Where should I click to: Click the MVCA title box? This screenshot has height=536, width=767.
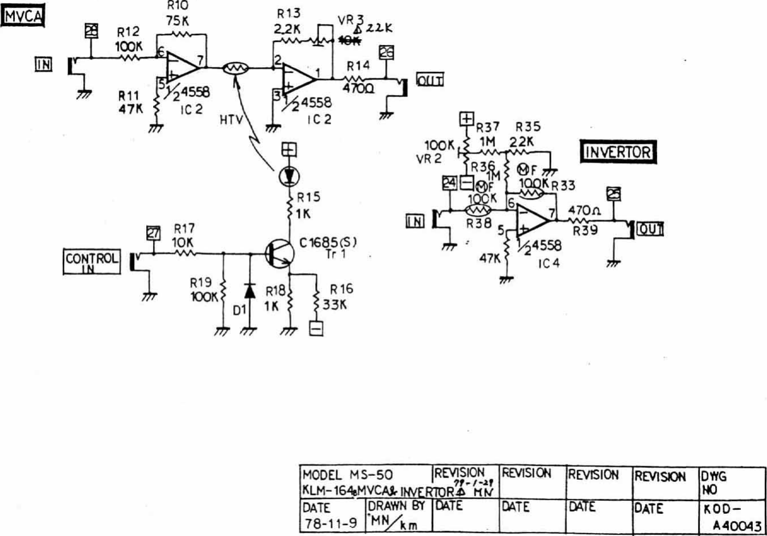[23, 16]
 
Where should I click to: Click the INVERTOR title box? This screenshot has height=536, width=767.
[617, 152]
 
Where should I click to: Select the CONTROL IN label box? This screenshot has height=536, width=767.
[91, 262]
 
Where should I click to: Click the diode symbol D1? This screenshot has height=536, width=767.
[249, 291]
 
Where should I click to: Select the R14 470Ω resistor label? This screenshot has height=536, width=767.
[358, 76]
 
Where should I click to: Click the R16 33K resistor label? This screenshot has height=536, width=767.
[339, 296]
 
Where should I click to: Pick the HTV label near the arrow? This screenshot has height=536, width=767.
[230, 120]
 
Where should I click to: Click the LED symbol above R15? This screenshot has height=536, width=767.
[290, 177]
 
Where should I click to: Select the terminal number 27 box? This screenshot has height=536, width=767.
[153, 233]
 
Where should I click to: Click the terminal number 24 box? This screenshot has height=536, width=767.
[450, 183]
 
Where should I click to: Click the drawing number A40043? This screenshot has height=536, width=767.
[736, 526]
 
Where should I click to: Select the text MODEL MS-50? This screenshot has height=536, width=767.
[347, 475]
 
